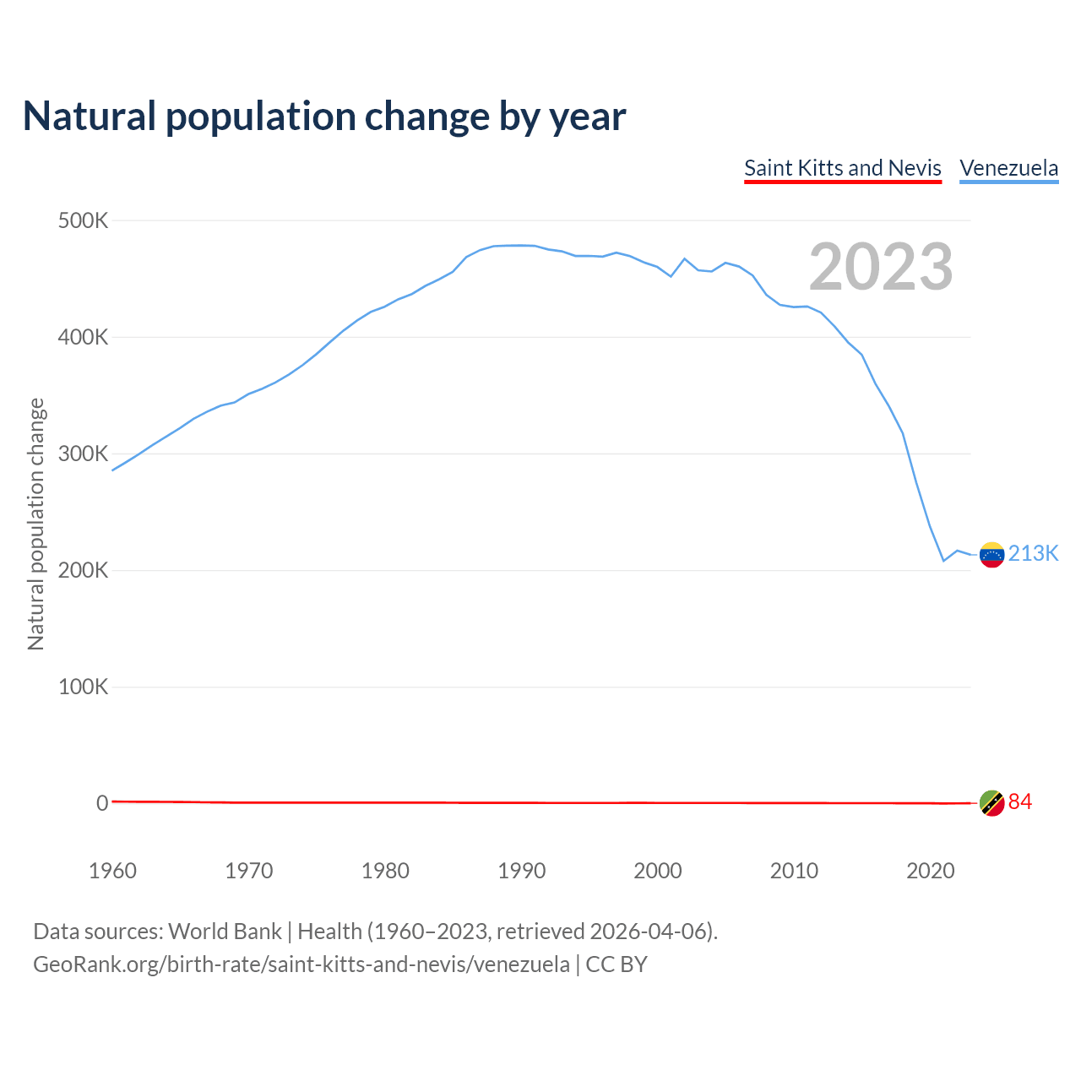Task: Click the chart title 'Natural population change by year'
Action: point(324,117)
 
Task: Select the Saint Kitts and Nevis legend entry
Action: point(842,168)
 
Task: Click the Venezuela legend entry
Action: point(1008,168)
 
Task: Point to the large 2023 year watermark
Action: point(881,267)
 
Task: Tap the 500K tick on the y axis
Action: point(83,221)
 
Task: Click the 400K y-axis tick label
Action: point(83,338)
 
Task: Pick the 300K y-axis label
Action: point(83,454)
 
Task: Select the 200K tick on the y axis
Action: point(83,571)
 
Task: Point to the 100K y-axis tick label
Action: point(83,687)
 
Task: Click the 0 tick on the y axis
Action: point(102,804)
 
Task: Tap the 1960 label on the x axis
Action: point(112,871)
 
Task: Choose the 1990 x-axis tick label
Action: point(521,871)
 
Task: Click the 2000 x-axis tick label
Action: point(658,871)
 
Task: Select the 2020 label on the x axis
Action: point(930,871)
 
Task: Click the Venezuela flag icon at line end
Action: point(991,555)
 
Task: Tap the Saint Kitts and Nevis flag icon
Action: point(991,803)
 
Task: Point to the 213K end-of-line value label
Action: point(1033,554)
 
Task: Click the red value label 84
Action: point(1020,802)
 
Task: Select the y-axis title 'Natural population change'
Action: point(36,524)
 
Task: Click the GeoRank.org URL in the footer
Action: point(301,964)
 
